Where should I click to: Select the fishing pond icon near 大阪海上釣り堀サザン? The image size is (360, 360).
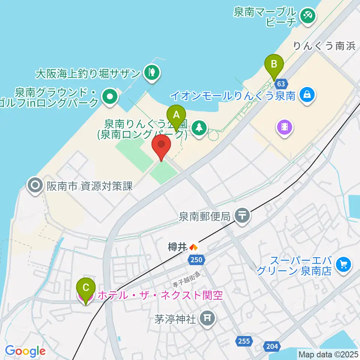(152, 72)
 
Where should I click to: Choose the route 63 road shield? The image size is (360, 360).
(281, 83)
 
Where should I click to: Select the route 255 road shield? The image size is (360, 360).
(244, 341)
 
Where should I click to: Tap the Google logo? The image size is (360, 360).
(25, 351)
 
